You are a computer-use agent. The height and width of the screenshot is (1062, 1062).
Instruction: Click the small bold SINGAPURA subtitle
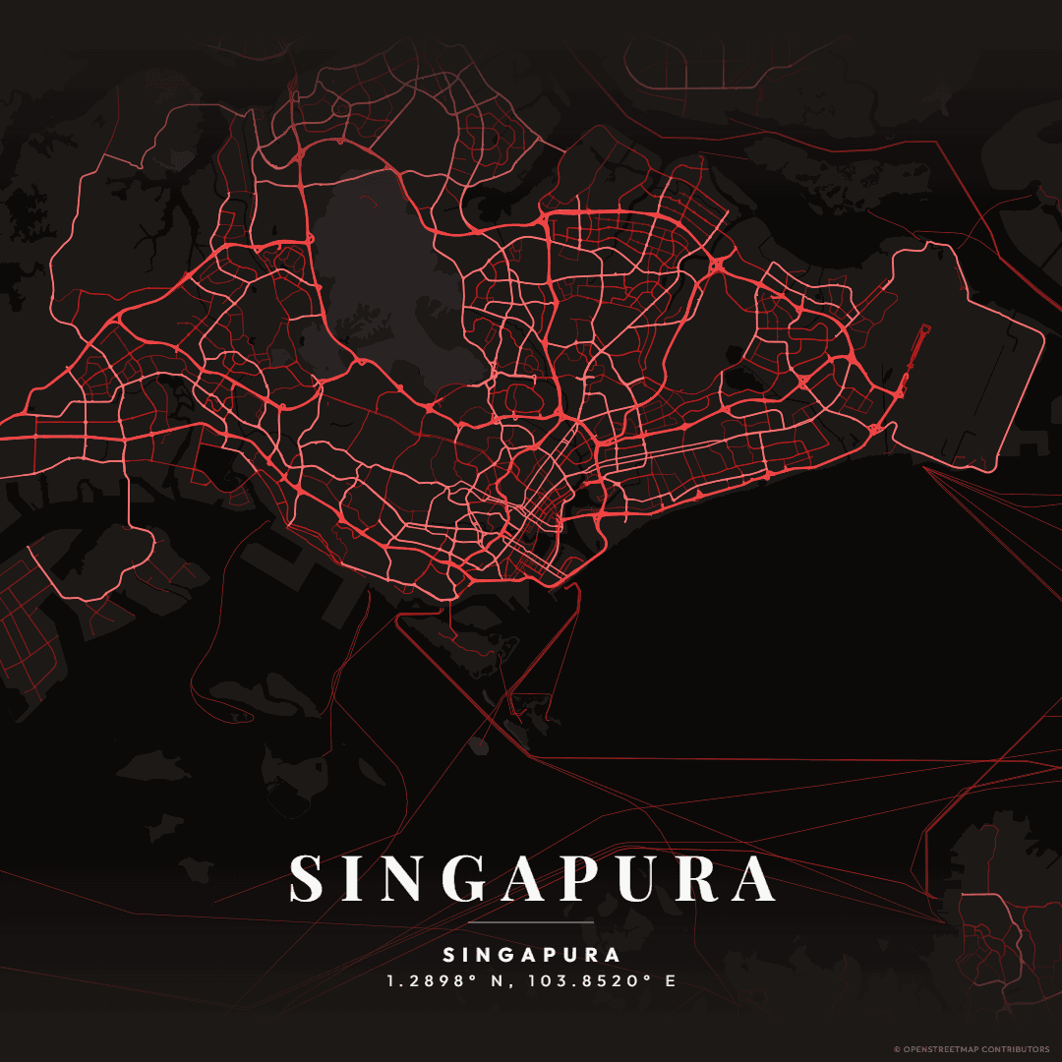[531, 955]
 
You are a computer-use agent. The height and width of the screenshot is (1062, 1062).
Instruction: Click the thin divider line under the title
[531, 923]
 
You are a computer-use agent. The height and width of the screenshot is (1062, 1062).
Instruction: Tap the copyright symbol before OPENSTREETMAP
[897, 1049]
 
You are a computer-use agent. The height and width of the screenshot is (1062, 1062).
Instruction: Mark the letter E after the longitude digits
[671, 981]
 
